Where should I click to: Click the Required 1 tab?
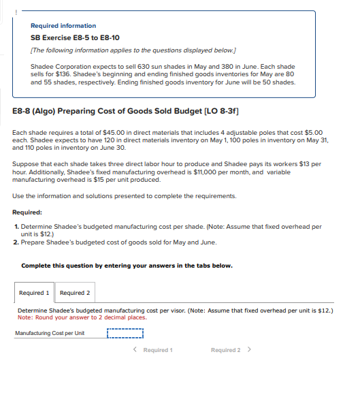[34, 293]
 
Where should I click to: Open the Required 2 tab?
[75, 293]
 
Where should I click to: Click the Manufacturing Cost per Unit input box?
[125, 333]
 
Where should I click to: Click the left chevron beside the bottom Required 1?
[136, 350]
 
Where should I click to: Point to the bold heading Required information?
[63, 26]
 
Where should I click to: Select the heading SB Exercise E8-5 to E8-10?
[75, 37]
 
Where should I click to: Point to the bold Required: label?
[27, 212]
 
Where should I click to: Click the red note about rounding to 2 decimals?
[82, 317]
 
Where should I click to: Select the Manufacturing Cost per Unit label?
[50, 333]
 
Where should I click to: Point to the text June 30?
[114, 148]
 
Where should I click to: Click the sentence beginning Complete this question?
[127, 265]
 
